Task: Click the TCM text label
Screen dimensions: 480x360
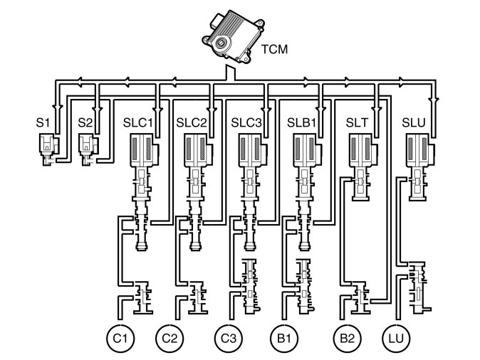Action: point(274,49)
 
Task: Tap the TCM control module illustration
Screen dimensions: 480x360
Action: point(233,37)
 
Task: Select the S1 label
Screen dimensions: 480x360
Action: point(43,122)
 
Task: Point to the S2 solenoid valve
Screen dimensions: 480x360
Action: point(89,149)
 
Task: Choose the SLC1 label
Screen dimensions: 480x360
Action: point(137,122)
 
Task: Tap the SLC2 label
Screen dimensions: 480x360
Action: point(192,122)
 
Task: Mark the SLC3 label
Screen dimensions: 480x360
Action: point(246,122)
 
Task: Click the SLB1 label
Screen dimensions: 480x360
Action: point(301,122)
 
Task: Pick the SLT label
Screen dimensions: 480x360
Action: point(357,122)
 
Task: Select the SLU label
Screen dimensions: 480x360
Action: point(414,122)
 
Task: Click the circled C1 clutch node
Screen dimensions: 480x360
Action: point(120,339)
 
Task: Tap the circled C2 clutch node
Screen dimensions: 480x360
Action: point(169,339)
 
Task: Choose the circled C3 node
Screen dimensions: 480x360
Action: point(229,339)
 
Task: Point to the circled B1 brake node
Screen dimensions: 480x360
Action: point(284,339)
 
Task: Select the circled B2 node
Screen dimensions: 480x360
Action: point(347,339)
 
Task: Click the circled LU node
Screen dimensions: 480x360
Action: point(397,339)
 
